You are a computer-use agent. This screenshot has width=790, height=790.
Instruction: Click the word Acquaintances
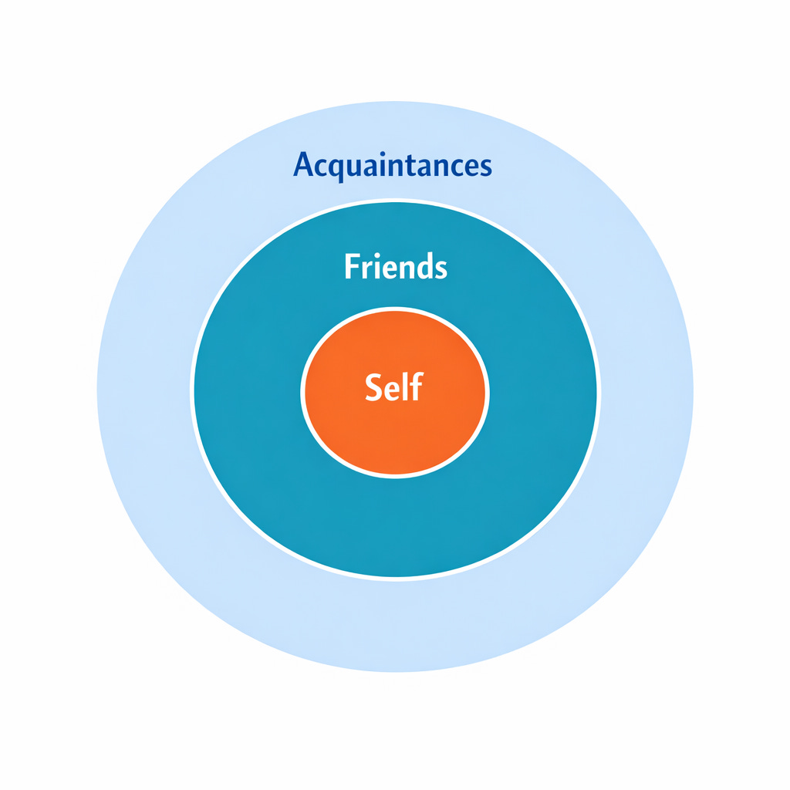tap(393, 165)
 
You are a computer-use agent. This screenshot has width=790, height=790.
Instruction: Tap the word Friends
tap(395, 267)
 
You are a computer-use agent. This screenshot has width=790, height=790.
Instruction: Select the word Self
tap(394, 387)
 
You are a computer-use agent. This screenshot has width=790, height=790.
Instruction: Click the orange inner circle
tap(394, 432)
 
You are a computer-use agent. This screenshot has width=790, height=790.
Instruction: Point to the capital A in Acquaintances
tap(304, 165)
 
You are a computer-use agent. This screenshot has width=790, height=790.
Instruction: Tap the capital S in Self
tap(374, 387)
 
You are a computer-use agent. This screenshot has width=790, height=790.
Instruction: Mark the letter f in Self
tap(416, 386)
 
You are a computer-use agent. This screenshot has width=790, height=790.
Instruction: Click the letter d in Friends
tap(422, 267)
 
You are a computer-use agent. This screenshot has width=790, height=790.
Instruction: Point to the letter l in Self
tap(406, 386)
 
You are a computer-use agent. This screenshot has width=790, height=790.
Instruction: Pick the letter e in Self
tap(393, 389)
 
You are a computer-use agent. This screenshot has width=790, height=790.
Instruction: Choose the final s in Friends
tap(440, 269)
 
